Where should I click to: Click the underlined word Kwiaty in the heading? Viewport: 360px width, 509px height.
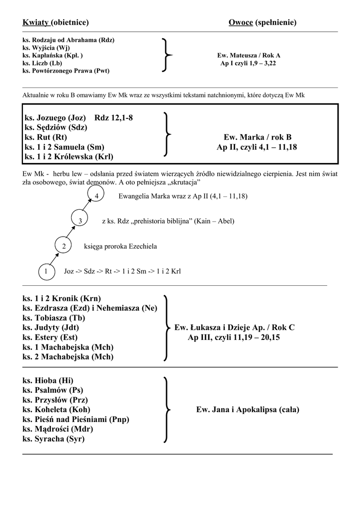[x=35, y=22]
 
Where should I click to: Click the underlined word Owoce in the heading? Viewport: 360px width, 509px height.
[x=241, y=22]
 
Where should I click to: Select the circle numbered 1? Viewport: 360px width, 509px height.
[x=46, y=271]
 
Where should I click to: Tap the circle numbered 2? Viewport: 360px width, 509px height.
[x=63, y=246]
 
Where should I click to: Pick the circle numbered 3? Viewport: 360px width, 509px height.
[x=80, y=220]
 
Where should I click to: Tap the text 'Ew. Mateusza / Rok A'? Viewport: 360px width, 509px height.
[x=249, y=56]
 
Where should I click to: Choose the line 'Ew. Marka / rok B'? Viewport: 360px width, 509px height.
[x=258, y=137]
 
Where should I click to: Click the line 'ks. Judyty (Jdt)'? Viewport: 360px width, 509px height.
[x=51, y=328]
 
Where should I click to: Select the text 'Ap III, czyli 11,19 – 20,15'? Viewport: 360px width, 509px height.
[x=234, y=338]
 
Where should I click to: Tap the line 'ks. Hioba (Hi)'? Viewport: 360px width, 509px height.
[x=48, y=381]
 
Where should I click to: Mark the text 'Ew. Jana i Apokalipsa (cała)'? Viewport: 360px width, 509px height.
[x=248, y=410]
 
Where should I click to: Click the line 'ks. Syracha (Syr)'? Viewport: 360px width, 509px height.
[x=54, y=439]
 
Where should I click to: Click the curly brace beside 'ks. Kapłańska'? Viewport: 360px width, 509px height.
[x=167, y=56]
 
